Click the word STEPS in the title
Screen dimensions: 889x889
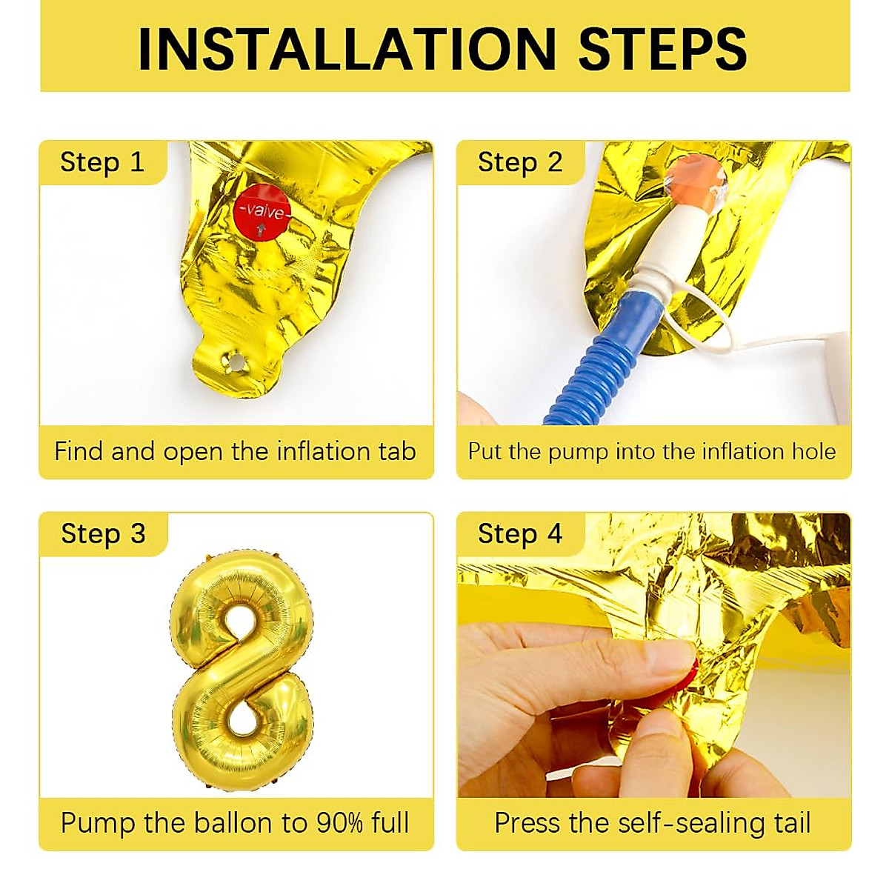(x=662, y=49)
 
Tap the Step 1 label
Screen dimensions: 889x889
(x=102, y=162)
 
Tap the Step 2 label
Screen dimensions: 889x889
(x=520, y=162)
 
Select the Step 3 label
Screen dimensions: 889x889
(x=103, y=534)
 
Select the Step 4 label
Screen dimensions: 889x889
(x=520, y=534)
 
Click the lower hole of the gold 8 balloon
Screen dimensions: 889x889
(x=241, y=716)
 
